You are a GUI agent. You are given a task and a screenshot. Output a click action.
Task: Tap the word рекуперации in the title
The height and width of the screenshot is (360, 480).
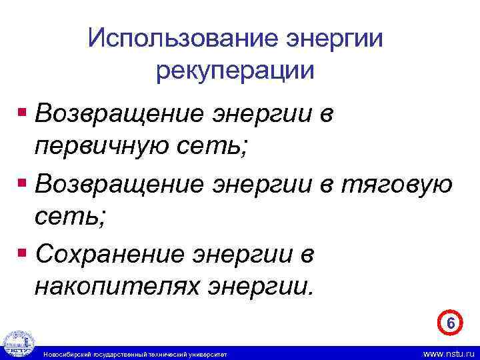coord(235,69)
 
